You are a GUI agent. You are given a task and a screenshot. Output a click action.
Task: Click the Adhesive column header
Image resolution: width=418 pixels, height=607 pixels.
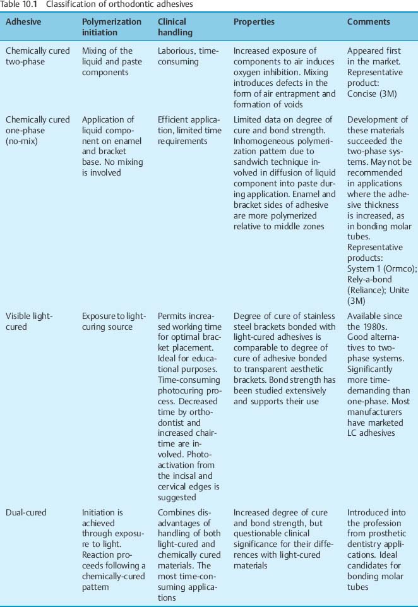coord(23,21)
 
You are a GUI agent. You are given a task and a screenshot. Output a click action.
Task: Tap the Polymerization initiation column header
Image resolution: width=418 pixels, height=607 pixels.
coord(112,27)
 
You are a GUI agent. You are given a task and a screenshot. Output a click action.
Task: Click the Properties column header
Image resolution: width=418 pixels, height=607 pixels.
coord(254,21)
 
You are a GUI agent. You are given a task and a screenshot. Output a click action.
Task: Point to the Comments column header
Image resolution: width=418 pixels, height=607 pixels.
coord(369,21)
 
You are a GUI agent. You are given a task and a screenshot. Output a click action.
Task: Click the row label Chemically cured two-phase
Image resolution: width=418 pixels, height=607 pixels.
coord(37,56)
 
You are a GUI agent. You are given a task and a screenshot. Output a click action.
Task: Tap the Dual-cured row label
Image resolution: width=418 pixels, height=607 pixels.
coord(26,512)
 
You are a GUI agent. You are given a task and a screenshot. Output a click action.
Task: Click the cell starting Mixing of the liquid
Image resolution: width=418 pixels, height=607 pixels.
coord(107,62)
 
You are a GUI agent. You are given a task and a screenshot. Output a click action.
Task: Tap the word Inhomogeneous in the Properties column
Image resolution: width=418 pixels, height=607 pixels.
coord(266,140)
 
